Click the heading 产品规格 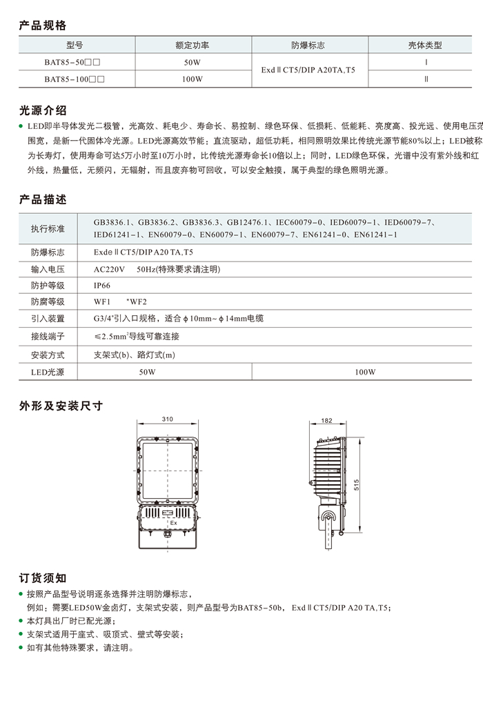[x=43, y=26]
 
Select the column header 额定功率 [x=193, y=46]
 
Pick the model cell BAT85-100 [x=74, y=79]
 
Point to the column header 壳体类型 [x=425, y=46]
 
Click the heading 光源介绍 [x=43, y=110]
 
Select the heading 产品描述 [x=43, y=200]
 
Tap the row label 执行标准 [x=48, y=228]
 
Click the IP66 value [x=102, y=285]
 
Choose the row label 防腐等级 [x=48, y=301]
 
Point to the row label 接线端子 [x=48, y=336]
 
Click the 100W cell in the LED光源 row [x=365, y=372]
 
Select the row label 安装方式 [x=48, y=355]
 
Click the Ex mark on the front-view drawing [x=173, y=524]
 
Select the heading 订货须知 [x=43, y=577]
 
